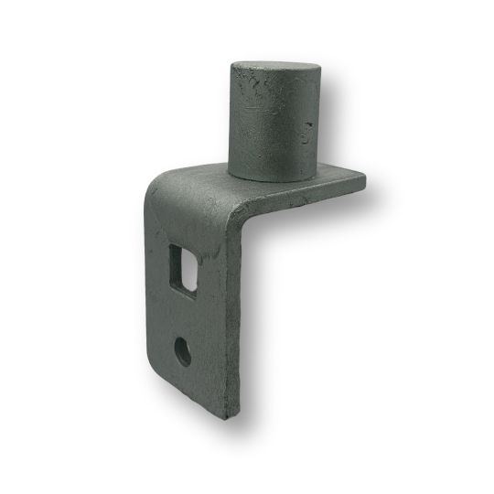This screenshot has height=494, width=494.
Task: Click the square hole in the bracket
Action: (x=187, y=266)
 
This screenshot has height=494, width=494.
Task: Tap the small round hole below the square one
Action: (x=183, y=350)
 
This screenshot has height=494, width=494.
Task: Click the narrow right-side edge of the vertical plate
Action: (x=239, y=320)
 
